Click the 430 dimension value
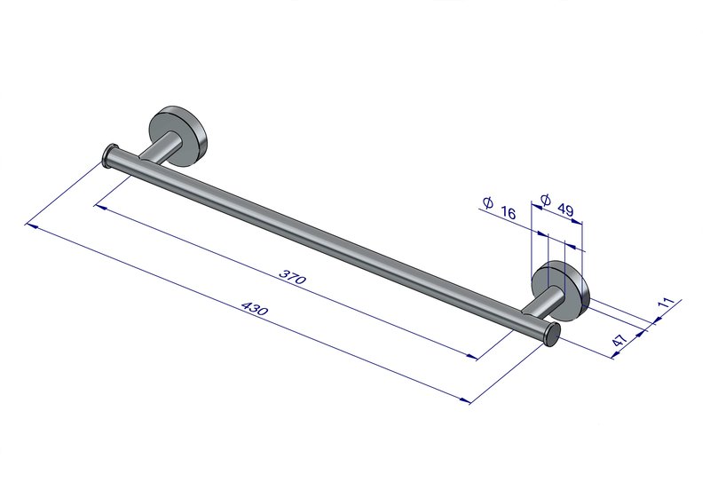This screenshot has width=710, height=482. pyautogui.click(x=255, y=309)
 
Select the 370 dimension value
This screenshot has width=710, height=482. pyautogui.click(x=293, y=276)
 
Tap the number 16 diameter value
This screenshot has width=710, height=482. pyautogui.click(x=508, y=212)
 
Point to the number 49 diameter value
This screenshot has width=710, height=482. pyautogui.click(x=565, y=209)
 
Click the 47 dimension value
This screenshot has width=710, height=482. pyautogui.click(x=619, y=340)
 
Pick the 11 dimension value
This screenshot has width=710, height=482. pyautogui.click(x=667, y=303)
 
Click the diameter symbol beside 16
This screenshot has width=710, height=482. pyautogui.click(x=487, y=202)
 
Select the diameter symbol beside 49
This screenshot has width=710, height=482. pyautogui.click(x=546, y=200)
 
